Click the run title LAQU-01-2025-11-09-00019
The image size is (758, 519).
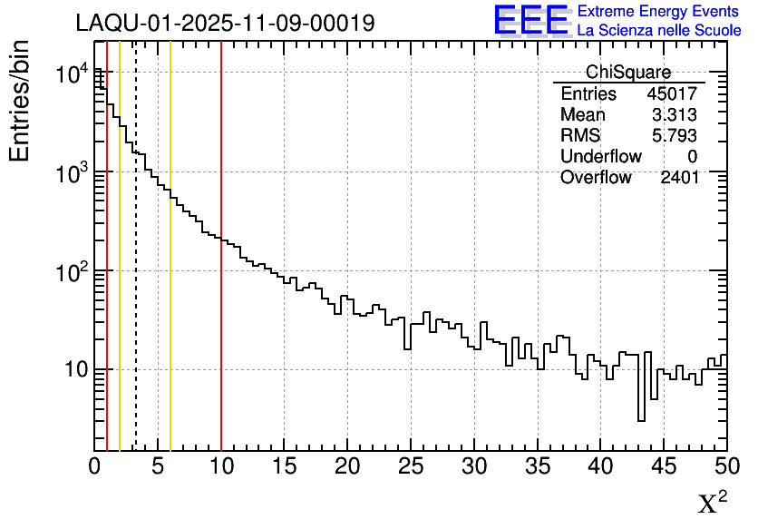(x=225, y=24)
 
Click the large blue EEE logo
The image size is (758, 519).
(x=531, y=21)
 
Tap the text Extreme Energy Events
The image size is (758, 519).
(x=659, y=12)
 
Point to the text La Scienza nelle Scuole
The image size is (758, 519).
(x=659, y=31)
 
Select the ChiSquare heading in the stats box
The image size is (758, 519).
(x=628, y=73)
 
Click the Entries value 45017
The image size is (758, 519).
(x=672, y=94)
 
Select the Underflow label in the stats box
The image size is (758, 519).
(x=601, y=157)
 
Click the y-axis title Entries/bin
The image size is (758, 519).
(x=20, y=101)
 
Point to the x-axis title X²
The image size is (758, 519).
(x=713, y=503)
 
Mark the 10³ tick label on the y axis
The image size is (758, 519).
(x=70, y=171)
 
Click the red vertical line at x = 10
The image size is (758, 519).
(x=221, y=272)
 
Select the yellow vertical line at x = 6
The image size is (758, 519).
(x=170, y=272)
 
